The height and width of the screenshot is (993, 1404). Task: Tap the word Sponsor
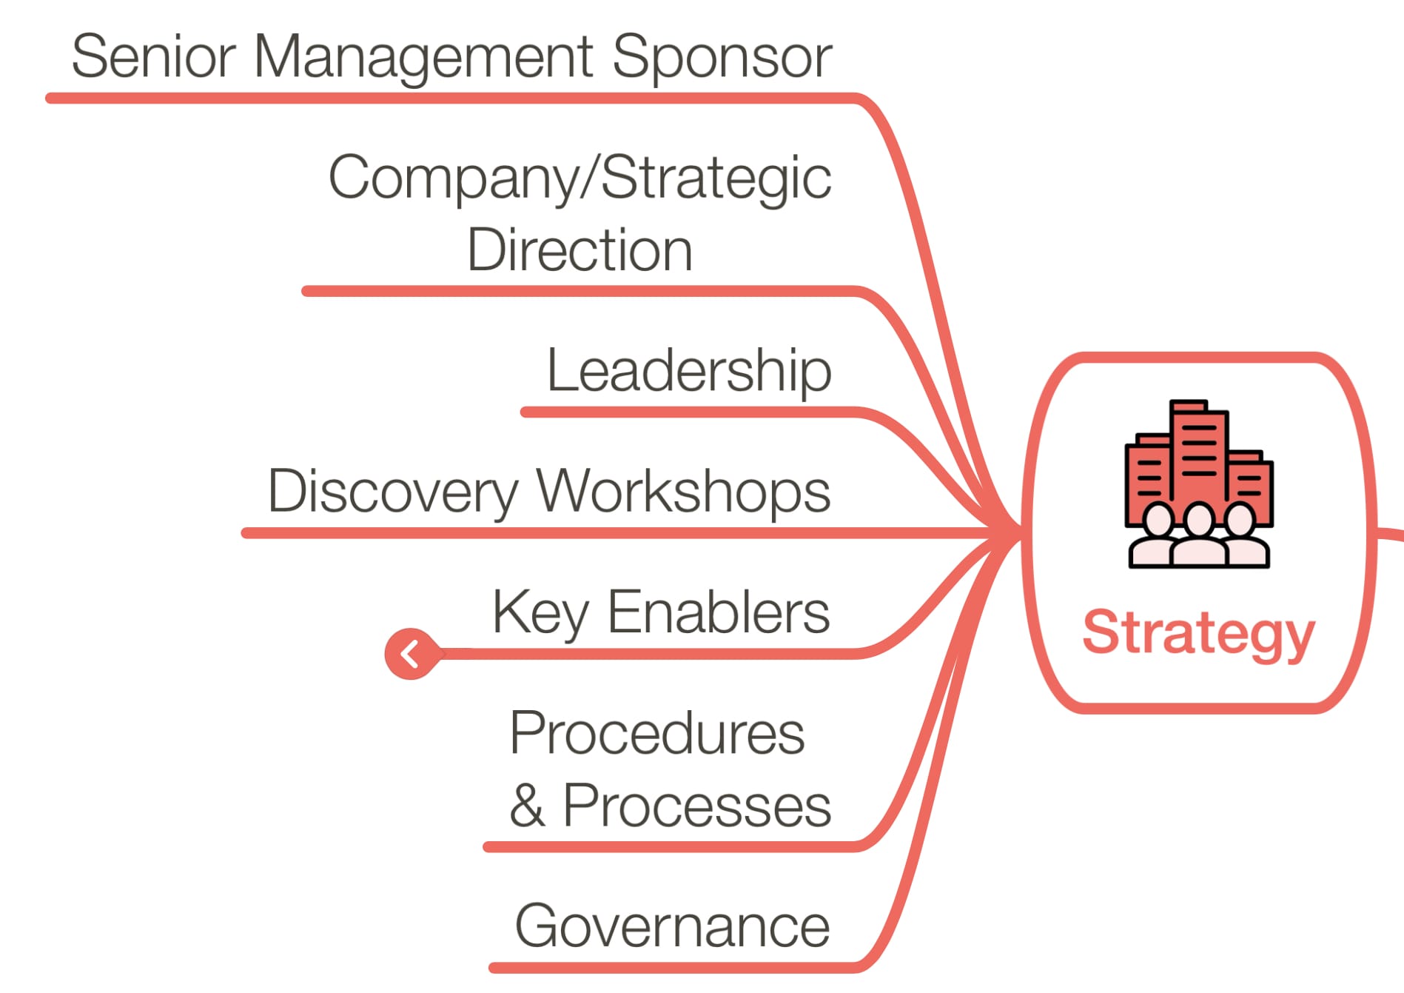(722, 58)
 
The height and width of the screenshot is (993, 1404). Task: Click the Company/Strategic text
(580, 178)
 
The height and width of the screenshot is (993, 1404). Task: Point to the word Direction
(580, 250)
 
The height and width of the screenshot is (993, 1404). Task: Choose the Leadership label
(688, 370)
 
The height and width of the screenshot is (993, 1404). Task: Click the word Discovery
(392, 492)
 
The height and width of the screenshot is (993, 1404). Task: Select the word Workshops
(683, 492)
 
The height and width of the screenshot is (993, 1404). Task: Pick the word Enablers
(718, 612)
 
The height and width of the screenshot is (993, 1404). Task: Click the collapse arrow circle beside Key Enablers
(411, 654)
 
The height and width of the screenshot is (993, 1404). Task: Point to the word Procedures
(656, 733)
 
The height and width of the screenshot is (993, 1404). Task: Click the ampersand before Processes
(527, 806)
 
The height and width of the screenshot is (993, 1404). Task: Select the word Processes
(696, 806)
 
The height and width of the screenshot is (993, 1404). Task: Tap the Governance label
(672, 926)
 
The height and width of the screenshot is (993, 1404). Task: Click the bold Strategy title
(1198, 633)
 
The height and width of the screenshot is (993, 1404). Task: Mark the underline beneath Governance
(666, 967)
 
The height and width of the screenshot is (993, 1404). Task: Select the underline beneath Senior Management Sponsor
(444, 98)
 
